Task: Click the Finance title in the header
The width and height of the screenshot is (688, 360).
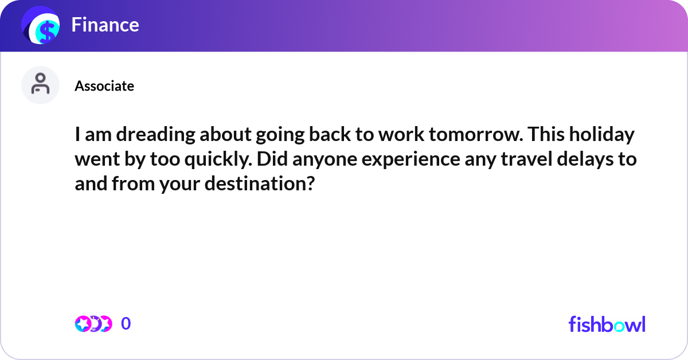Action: point(105,25)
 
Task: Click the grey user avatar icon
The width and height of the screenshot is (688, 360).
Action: point(40,85)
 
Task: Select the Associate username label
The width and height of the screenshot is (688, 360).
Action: point(104,86)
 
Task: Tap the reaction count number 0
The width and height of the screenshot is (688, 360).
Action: point(126,324)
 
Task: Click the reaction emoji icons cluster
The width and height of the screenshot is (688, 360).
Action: point(93,324)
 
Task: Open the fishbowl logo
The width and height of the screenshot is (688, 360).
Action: point(607,324)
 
